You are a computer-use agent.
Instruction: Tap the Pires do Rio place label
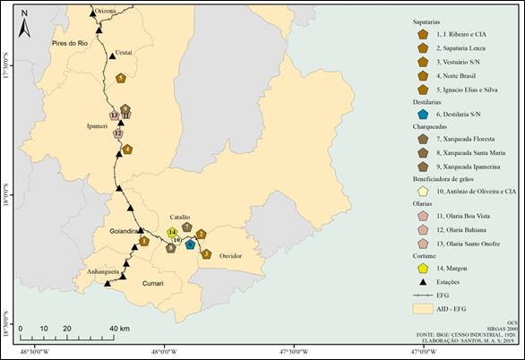(x=69, y=42)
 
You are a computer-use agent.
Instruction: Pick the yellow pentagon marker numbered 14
(x=170, y=233)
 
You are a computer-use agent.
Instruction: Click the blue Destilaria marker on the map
(x=191, y=244)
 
